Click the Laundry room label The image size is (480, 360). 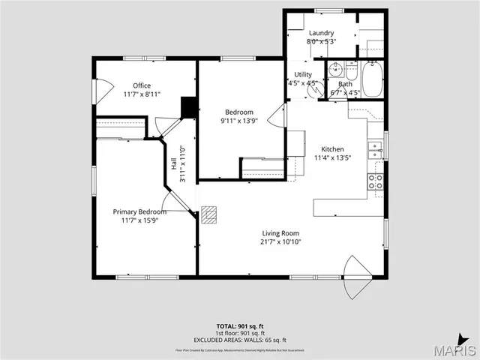321,33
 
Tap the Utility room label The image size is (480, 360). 303,74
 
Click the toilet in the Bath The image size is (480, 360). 350,71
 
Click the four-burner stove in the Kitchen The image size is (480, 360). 375,181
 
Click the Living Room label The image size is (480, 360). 280,233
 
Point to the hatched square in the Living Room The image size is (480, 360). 210,214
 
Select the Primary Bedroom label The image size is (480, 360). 139,211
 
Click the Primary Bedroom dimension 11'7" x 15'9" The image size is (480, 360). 139,220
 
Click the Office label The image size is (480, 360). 142,85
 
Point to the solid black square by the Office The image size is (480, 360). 190,107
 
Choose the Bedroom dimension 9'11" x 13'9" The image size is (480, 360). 239,121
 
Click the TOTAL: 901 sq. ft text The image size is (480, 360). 239,326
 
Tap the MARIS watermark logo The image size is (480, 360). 455,349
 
